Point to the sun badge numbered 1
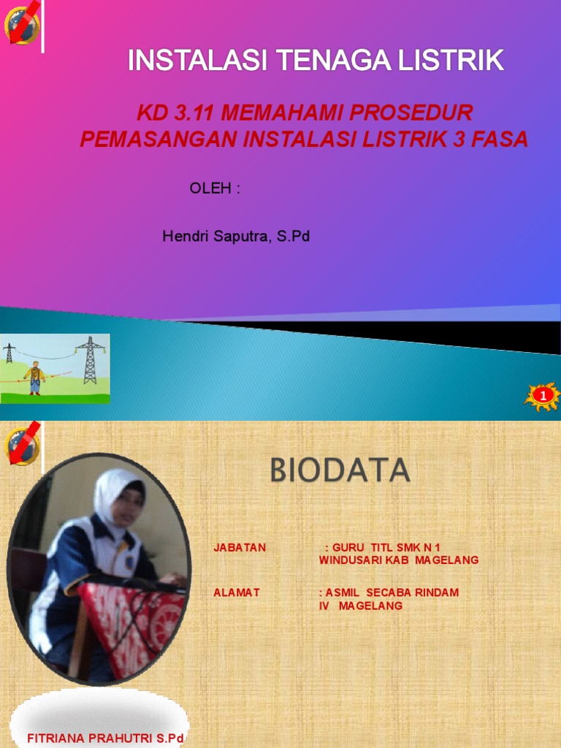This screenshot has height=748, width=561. point(542,396)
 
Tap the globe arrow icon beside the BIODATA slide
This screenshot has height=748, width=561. point(22,443)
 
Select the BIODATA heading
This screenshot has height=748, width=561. point(340,470)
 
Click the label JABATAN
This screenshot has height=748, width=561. point(240,547)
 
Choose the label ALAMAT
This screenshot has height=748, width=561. point(237,592)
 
